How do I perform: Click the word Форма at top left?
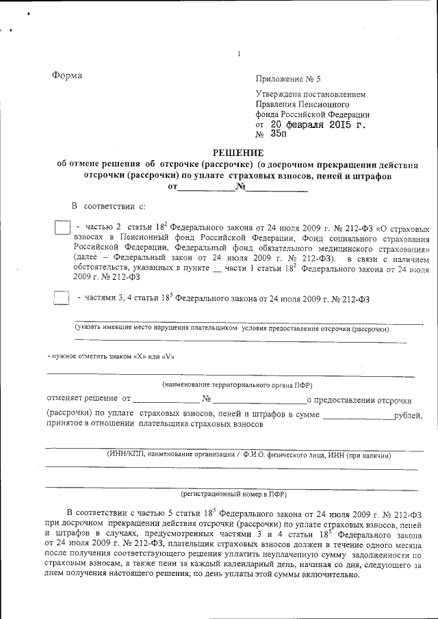coord(66,75)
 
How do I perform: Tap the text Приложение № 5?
coord(288,79)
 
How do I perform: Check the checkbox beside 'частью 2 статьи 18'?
coord(62,228)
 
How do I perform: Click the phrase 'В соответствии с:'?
coord(109,205)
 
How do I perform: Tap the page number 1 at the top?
coord(239,54)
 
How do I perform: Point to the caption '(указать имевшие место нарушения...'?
coord(232,329)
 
